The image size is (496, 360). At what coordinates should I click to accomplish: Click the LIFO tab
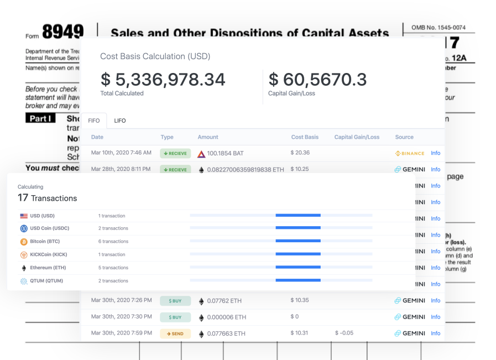point(120,121)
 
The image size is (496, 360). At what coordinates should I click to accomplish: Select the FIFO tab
point(94,121)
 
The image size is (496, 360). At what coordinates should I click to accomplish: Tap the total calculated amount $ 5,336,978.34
point(163,80)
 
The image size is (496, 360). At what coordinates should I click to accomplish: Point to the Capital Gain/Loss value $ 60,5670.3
point(317,80)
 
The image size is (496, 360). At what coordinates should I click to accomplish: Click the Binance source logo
point(410,153)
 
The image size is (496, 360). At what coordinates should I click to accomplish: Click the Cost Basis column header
point(305,137)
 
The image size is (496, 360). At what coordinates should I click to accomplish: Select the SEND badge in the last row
point(175,333)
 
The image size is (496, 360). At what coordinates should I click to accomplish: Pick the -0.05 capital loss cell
point(344,333)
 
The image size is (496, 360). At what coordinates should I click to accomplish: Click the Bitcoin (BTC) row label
point(46,242)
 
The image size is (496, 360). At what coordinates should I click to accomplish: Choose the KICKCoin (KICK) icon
point(24,255)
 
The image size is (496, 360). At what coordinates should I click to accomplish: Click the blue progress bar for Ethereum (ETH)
point(297,268)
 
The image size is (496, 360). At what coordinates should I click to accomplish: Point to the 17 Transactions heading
point(48,197)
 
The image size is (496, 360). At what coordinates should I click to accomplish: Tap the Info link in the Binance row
point(436,153)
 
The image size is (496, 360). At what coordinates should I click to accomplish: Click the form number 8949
point(62,32)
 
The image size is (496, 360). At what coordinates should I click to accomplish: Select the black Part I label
point(40,118)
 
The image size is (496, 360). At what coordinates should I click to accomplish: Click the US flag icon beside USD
point(24,216)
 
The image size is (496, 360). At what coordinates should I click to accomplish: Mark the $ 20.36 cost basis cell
point(300,153)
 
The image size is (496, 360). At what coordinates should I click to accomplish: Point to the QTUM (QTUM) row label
point(46,281)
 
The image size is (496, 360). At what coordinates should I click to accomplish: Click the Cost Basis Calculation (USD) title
point(155,56)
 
